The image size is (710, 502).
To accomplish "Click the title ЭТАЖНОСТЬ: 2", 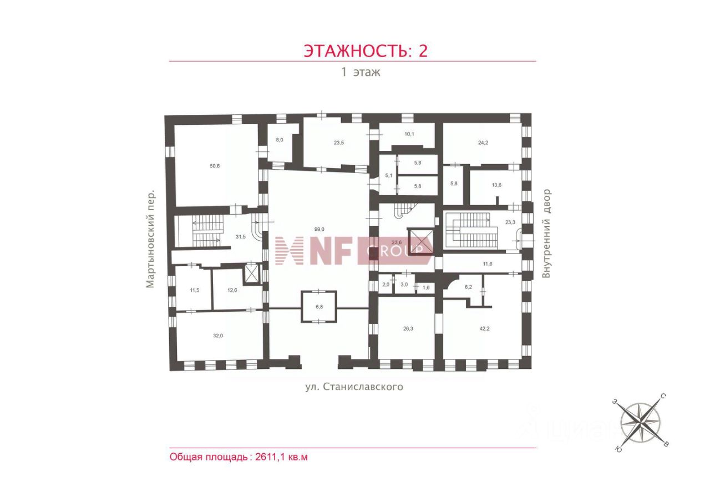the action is click(366, 50).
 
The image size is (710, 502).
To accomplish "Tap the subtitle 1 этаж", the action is click(361, 72).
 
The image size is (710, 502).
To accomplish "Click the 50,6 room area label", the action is click(215, 166).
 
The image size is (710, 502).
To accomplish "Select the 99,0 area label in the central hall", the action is click(318, 229).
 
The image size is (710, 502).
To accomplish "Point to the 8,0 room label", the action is click(280, 140).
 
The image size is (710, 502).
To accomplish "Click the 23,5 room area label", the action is click(339, 143).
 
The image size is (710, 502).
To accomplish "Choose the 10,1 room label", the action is click(409, 134).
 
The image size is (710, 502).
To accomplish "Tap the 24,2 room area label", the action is click(483, 143).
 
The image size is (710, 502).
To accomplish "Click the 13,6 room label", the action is click(496, 185).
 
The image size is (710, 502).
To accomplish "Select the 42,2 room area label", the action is click(485, 328).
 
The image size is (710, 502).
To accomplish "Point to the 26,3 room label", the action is click(408, 328).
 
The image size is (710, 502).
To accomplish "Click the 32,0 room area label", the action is click(218, 336).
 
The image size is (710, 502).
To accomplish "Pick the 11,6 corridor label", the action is click(488, 264).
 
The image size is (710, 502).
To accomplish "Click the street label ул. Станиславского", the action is click(354, 387).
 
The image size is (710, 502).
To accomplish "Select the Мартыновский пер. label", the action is click(151, 240).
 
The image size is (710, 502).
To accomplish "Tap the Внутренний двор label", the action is click(547, 233).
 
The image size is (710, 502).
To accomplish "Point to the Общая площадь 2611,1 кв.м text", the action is click(239, 458).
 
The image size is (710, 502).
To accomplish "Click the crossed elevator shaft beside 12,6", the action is click(252, 273).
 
